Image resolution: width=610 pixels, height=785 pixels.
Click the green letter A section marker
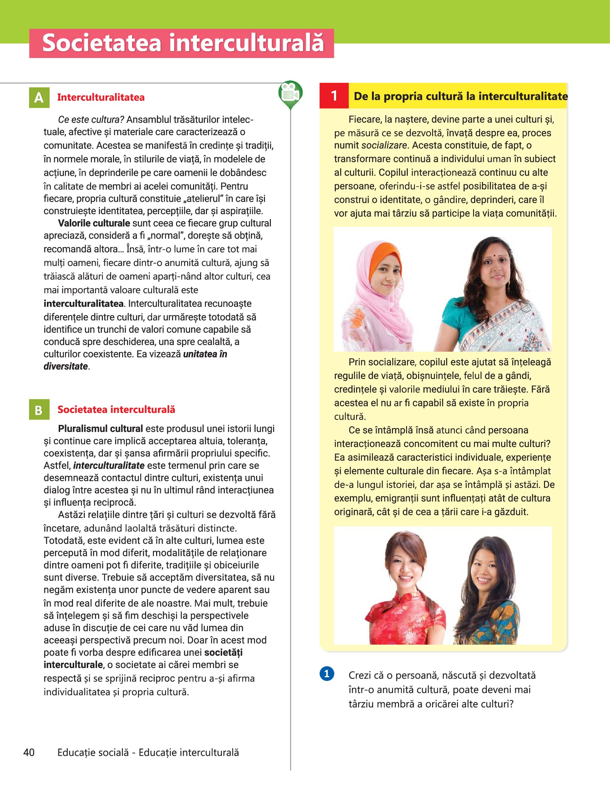click(x=39, y=98)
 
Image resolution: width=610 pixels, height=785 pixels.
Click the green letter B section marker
click(x=39, y=410)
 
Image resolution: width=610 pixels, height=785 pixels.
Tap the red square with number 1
click(x=334, y=96)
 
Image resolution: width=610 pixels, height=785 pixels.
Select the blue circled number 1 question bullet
click(x=327, y=674)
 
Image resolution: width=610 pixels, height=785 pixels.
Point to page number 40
click(x=29, y=752)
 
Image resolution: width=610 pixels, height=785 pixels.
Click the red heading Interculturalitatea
click(x=101, y=98)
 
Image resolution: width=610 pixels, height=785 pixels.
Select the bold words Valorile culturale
click(x=94, y=223)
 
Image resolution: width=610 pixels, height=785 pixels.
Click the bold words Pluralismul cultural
click(x=100, y=429)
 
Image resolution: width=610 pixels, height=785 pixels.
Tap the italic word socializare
click(x=384, y=146)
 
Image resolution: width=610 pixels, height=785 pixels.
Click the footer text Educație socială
click(x=93, y=752)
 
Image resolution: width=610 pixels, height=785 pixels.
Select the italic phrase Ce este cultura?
click(x=91, y=120)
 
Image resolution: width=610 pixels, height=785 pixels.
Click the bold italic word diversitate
click(x=66, y=366)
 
